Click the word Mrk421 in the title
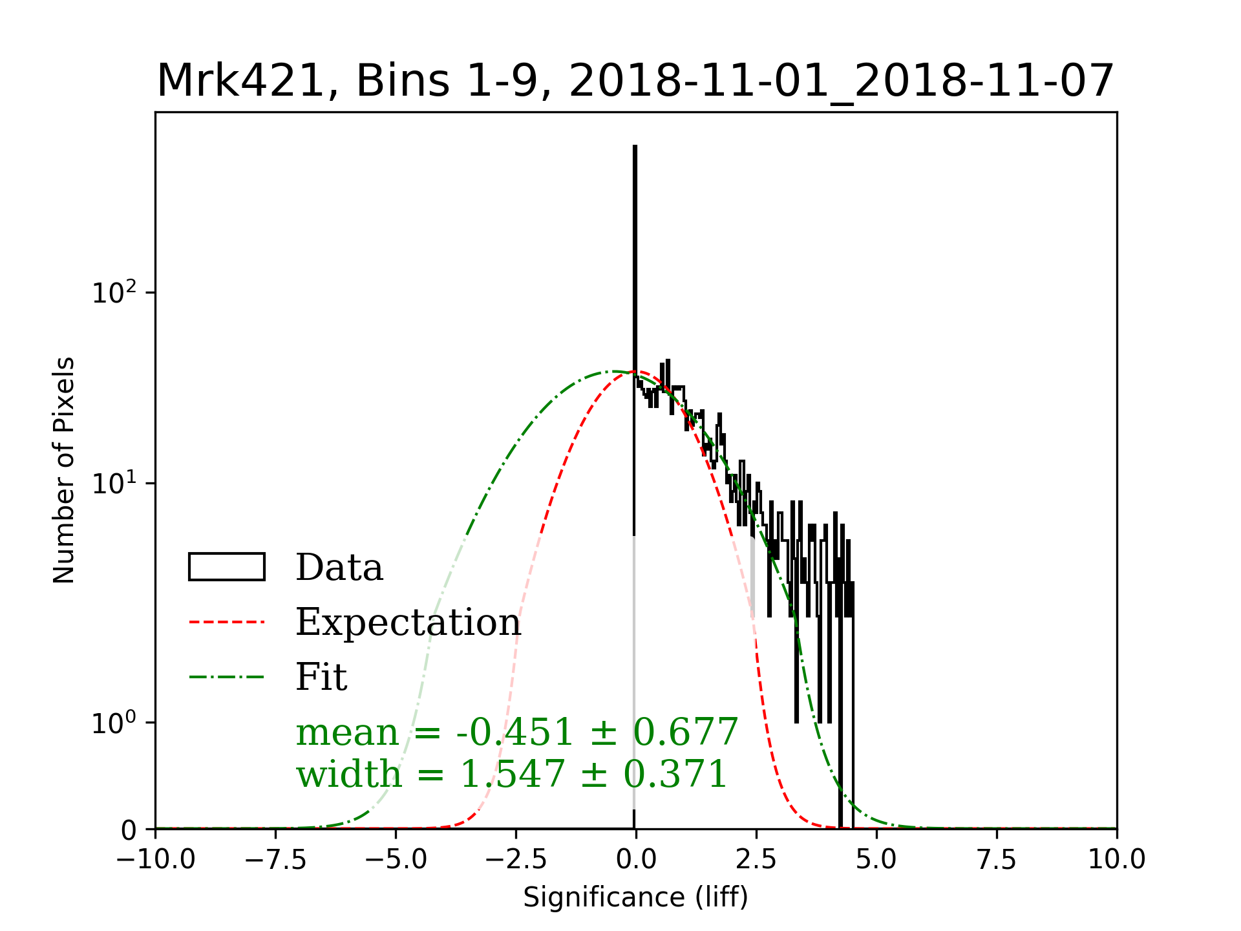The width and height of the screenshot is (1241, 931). point(240,81)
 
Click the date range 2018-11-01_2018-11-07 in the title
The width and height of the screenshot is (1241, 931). point(841,81)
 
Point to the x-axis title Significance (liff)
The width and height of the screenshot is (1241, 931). point(635,897)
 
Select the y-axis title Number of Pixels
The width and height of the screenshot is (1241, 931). point(64,470)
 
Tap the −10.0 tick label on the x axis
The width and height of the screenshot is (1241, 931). point(156,860)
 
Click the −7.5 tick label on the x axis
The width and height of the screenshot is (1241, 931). point(276,860)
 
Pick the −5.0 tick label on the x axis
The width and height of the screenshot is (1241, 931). point(396,860)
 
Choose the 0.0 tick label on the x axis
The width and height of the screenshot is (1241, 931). point(636,860)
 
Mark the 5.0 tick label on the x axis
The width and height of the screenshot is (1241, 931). point(876,860)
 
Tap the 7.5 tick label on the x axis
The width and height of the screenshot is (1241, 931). point(997,860)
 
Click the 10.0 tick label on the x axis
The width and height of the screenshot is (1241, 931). point(1117,860)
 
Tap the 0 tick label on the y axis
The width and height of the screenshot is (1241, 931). point(129,830)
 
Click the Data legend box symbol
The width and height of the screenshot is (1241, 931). point(227,567)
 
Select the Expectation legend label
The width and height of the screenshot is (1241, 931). point(408,622)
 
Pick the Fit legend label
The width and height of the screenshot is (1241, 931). point(321,677)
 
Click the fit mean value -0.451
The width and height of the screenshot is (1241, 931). point(514,732)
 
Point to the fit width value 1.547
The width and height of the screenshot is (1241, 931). point(512,774)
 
